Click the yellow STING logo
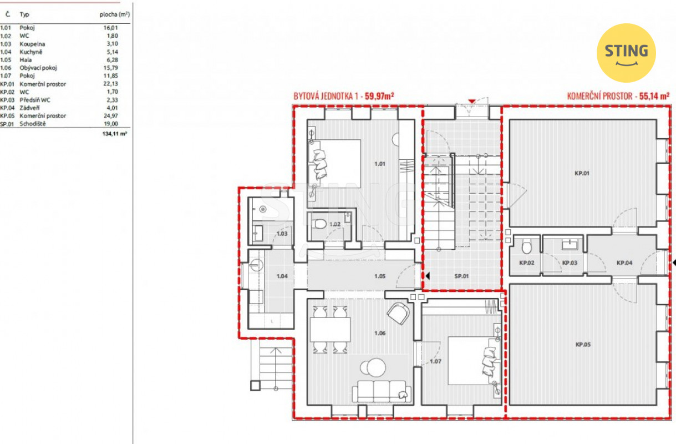(626, 53)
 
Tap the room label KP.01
(582, 173)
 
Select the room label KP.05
(583, 344)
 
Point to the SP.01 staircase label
(461, 276)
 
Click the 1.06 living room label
(380, 333)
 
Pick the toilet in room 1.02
(319, 224)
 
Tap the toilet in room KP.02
(527, 246)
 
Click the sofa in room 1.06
(382, 391)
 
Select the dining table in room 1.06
(330, 330)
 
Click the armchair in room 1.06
(398, 314)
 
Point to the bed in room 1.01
(334, 163)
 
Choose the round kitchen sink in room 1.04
(257, 265)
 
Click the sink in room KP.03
(570, 245)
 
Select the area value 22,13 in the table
(110, 84)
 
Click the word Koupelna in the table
(32, 44)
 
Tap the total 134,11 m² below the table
(115, 134)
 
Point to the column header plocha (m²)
(115, 14)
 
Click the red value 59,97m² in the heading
(379, 96)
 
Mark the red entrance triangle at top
(472, 101)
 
